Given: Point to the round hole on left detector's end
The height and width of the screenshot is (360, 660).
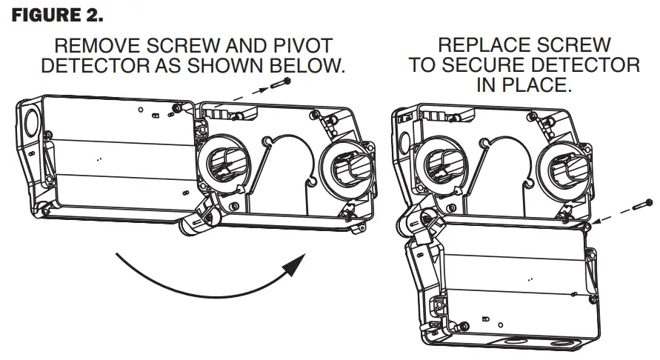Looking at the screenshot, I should tap(32, 119).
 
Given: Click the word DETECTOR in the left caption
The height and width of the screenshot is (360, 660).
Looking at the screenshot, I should tap(87, 66).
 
